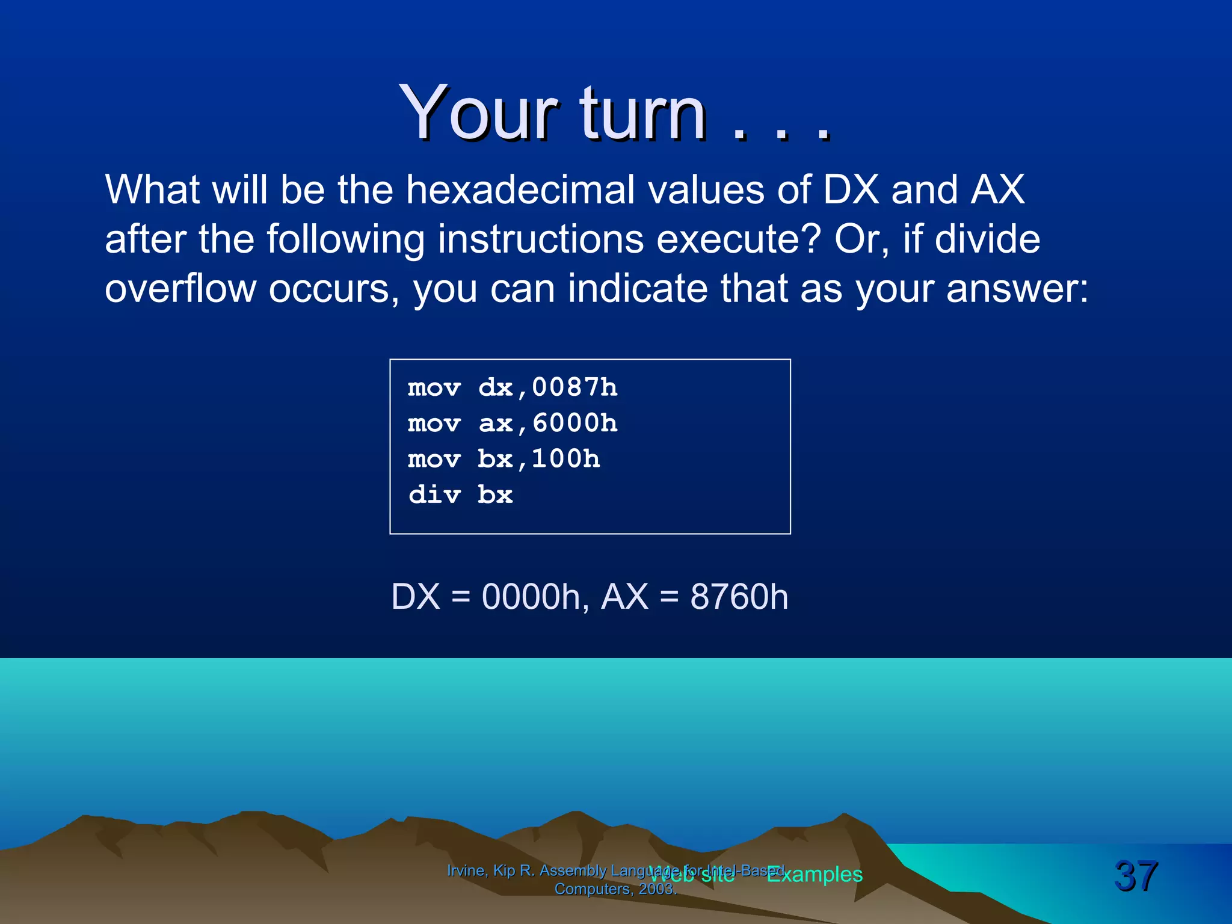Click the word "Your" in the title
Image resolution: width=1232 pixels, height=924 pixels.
point(478,112)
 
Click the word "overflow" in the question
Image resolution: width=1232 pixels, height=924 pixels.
point(180,289)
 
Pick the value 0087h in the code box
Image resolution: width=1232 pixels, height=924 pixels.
point(574,387)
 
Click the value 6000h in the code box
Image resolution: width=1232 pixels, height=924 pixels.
point(574,423)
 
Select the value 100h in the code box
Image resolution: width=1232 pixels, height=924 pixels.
point(565,459)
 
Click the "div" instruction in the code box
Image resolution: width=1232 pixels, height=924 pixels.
point(434,495)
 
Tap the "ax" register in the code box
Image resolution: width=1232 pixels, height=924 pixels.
point(495,423)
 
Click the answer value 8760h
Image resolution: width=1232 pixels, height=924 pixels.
point(739,597)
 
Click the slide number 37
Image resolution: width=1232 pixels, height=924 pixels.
point(1135,875)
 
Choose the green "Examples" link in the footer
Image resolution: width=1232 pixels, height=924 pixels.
point(815,874)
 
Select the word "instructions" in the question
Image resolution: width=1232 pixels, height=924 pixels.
point(540,239)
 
